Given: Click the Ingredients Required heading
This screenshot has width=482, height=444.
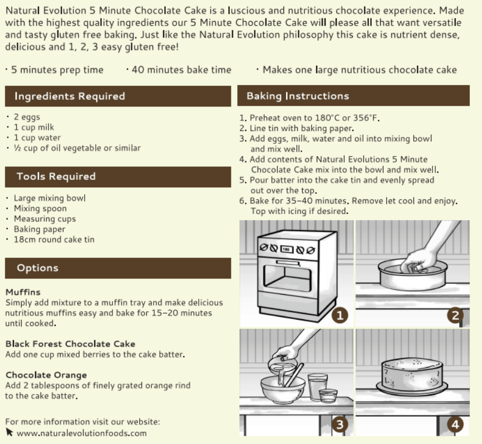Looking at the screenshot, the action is coord(70,96).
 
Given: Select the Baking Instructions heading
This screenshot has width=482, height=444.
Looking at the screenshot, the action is coord(298,96).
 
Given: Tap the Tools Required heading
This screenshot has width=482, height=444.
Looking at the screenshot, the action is coord(56,176).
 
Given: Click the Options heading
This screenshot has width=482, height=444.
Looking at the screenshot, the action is coord(37,268).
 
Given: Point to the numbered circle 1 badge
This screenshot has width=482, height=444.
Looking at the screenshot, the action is coord(340,315).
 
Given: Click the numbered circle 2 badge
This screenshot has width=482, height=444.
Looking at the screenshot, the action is coord(455,315).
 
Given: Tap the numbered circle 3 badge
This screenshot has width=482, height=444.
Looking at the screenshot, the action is coord(340,425).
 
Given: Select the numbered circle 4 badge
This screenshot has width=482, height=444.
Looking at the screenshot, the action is coord(455,425).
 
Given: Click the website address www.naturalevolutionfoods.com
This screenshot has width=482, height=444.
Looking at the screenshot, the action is coord(81,433).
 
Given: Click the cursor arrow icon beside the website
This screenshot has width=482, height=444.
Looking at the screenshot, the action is coord(9,432).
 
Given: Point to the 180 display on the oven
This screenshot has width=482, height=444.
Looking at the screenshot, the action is coord(286,249).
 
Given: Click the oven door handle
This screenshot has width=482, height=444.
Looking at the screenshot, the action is coord(288,263).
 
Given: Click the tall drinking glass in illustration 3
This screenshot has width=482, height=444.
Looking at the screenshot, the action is coord(318,387).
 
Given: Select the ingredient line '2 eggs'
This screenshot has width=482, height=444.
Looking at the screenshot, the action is coord(27,117).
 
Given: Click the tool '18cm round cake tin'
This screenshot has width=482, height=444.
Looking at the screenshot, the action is coord(54,240).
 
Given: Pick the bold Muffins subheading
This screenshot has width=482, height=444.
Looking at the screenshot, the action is coord(23,292).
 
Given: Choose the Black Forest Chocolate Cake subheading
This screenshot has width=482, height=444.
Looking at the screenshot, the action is coord(70,344).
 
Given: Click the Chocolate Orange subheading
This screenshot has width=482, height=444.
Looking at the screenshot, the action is coord(46,375).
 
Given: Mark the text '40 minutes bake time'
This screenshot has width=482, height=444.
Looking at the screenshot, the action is coord(181,70).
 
